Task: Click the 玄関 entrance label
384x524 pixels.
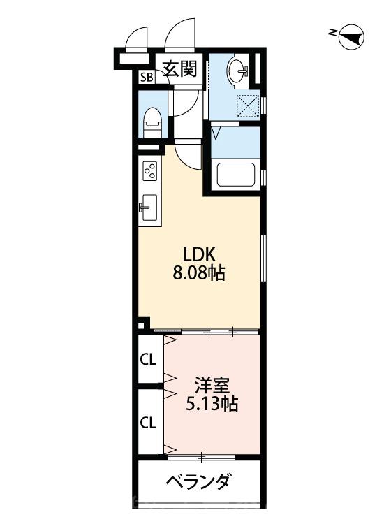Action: pyautogui.click(x=179, y=68)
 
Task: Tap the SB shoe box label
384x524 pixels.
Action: pyautogui.click(x=146, y=78)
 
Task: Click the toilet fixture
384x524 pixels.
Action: pyautogui.click(x=151, y=123)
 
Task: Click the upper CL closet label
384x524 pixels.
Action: pyautogui.click(x=147, y=360)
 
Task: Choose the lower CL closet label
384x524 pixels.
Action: pyautogui.click(x=147, y=422)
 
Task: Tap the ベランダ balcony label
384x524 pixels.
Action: pyautogui.click(x=198, y=482)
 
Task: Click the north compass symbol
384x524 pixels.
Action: pyautogui.click(x=350, y=36)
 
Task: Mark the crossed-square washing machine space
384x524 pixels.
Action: pyautogui.click(x=247, y=106)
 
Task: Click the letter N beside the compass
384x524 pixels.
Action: pyautogui.click(x=333, y=32)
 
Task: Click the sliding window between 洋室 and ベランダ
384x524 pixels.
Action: pyautogui.click(x=202, y=458)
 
